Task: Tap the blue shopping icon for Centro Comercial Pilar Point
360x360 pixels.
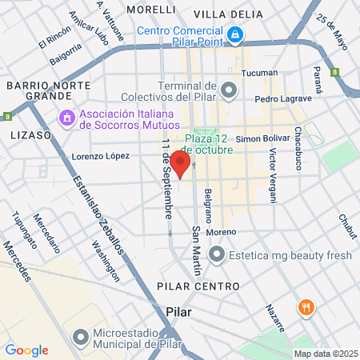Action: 235,34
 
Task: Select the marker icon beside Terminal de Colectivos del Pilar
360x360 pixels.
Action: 229,90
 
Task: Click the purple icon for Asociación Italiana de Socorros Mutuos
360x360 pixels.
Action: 66,118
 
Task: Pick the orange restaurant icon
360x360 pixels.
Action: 305,307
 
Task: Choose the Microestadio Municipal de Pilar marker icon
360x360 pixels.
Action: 80,336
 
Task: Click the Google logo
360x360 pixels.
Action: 26,350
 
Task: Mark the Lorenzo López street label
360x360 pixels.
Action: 101,156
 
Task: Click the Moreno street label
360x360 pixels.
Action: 220,232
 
